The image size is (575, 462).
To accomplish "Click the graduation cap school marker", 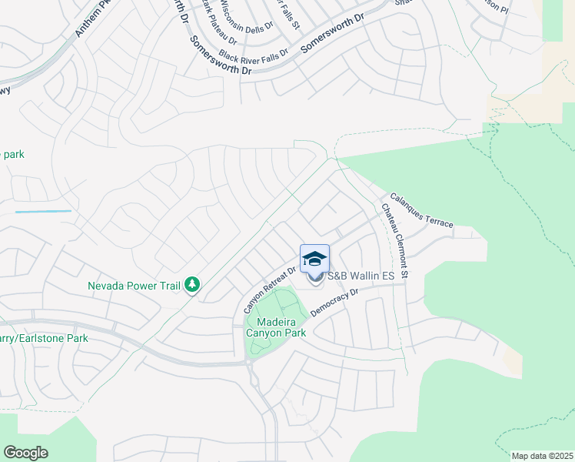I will point(315,259).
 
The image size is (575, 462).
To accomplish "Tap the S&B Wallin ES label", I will point(361,276).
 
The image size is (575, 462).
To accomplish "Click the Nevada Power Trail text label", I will point(134,286).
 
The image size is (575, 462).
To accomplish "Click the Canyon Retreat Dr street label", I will point(270,286).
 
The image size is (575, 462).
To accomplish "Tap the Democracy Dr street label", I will point(335,303).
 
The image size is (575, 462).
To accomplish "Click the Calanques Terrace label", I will point(421,209).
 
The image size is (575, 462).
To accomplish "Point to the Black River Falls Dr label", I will point(253,55).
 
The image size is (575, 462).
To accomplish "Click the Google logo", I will point(26,452).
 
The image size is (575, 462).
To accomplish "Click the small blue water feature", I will point(43,211).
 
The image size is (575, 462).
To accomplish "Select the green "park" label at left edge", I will point(12,154).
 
